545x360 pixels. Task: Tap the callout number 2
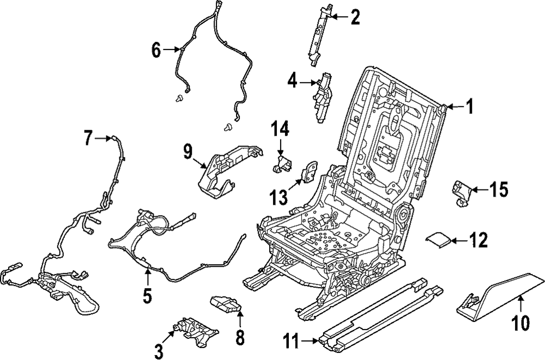[x=355, y=18]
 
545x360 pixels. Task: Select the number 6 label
[x=156, y=50]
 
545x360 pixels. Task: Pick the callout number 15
[x=499, y=190]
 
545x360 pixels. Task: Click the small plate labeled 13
[x=309, y=171]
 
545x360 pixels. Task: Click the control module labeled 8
[x=226, y=305]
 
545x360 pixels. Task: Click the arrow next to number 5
[x=147, y=274]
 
